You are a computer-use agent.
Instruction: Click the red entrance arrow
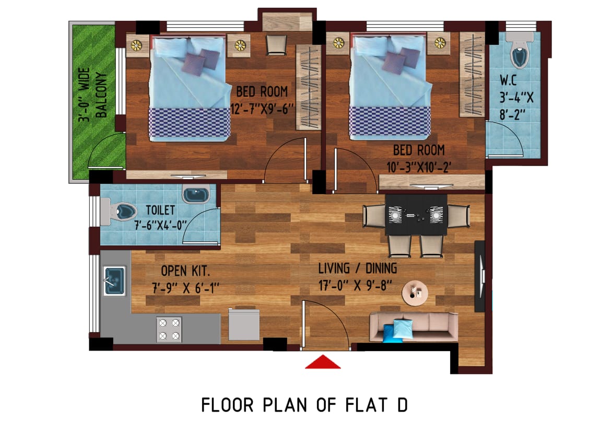[x=323, y=363]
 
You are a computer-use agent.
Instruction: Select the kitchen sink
[x=114, y=281]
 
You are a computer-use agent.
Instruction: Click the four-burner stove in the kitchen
[x=169, y=329]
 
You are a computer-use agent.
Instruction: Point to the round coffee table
[x=415, y=293]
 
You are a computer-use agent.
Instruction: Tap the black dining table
[x=416, y=215]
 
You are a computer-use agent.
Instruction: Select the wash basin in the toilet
[x=196, y=194]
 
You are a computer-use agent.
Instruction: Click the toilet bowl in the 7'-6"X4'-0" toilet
[x=119, y=212]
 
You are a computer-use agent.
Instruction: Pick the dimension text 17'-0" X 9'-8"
[x=356, y=286]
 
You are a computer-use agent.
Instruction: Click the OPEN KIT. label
[x=185, y=271]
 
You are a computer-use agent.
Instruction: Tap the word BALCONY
[x=101, y=95]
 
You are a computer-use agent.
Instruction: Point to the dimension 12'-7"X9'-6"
[x=262, y=109]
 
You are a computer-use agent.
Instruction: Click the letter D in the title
[x=403, y=405]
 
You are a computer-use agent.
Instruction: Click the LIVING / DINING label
[x=358, y=268]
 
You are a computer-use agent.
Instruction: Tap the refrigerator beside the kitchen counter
[x=244, y=324]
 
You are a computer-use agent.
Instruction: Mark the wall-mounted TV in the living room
[x=480, y=276]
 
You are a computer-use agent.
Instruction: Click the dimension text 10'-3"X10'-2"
[x=419, y=167]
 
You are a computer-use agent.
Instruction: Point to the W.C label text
[x=509, y=80]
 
